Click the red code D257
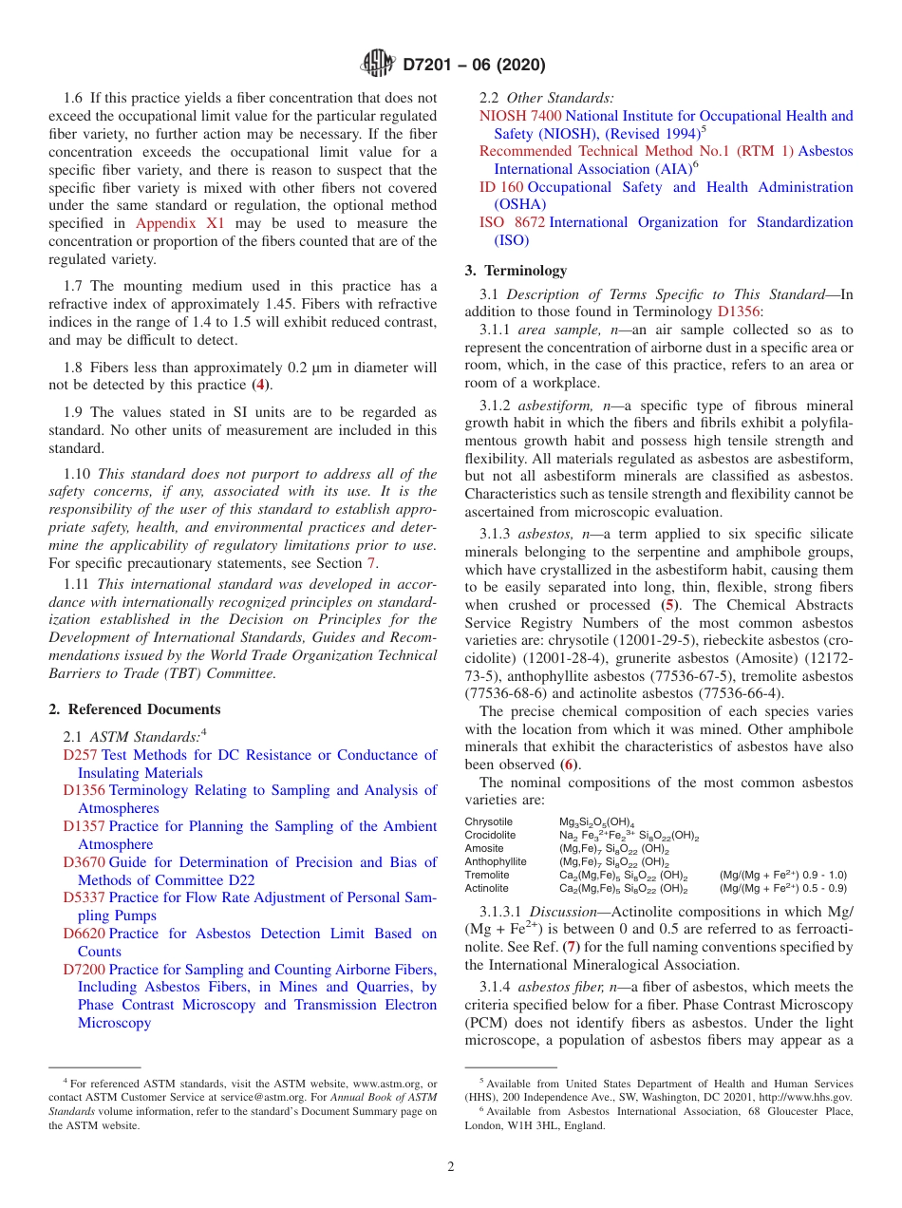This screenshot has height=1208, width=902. pos(80,755)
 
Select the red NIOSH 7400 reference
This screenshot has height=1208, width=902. pos(519,116)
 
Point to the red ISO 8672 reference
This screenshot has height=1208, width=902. pos(512,222)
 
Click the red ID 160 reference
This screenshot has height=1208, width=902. pos(500,187)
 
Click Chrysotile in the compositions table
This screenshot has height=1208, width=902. pos(488,821)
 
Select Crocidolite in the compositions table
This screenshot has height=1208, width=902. pos(490,835)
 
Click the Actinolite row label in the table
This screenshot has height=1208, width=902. pos(487,888)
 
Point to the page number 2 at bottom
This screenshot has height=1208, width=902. pos(451,1167)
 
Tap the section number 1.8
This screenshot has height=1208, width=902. pos(73,368)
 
